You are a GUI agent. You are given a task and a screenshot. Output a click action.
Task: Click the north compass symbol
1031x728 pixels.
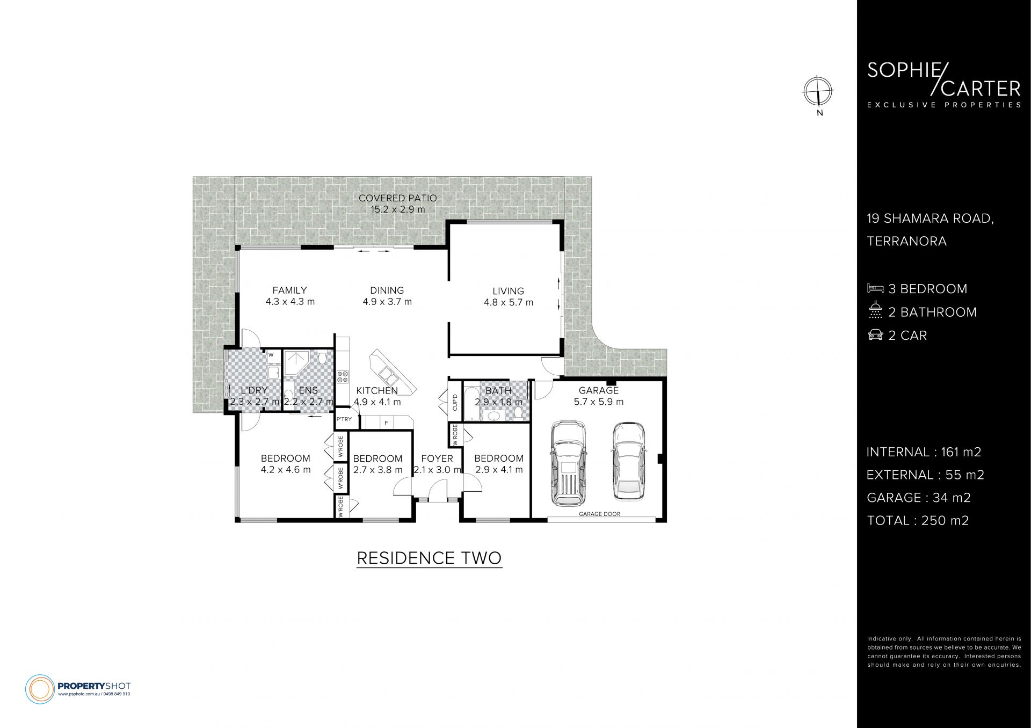pyautogui.click(x=818, y=91)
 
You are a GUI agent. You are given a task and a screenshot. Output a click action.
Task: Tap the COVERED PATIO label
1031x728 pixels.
pyautogui.click(x=398, y=198)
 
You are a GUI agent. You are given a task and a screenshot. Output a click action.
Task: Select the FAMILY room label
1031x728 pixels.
pyautogui.click(x=289, y=290)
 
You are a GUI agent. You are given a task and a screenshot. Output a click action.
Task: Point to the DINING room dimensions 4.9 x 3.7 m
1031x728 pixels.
pyautogui.click(x=387, y=302)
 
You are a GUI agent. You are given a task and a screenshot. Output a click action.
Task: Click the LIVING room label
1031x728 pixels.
pyautogui.click(x=509, y=292)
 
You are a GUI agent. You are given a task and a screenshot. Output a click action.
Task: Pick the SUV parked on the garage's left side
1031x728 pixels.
pyautogui.click(x=569, y=462)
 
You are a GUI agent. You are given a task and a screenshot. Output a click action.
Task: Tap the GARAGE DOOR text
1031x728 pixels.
pyautogui.click(x=599, y=514)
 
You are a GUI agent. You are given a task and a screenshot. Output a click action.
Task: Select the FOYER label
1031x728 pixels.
pyautogui.click(x=437, y=458)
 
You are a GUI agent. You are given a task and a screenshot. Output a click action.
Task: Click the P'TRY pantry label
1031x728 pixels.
pyautogui.click(x=344, y=419)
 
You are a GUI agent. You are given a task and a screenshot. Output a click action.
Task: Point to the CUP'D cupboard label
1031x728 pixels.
pyautogui.click(x=455, y=402)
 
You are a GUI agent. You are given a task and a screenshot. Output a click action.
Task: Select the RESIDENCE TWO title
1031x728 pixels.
pyautogui.click(x=429, y=558)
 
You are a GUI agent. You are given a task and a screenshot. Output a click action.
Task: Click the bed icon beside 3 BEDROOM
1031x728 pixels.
pyautogui.click(x=875, y=288)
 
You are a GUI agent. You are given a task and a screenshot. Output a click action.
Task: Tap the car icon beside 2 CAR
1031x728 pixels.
pyautogui.click(x=875, y=335)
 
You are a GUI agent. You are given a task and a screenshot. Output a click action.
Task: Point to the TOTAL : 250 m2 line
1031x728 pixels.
pyautogui.click(x=918, y=520)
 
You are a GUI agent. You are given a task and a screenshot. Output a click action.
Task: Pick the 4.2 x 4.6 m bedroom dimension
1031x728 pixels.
pyautogui.click(x=286, y=470)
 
